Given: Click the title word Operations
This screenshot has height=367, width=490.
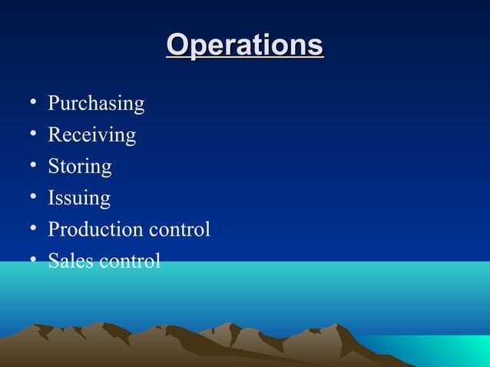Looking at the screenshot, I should (x=245, y=45).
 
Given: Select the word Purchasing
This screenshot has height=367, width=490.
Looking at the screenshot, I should (x=96, y=104).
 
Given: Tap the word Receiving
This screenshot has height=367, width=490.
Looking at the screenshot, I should (x=91, y=136).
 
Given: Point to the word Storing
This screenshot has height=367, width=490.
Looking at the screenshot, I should (x=80, y=167).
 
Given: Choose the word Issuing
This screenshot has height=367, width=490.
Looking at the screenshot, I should (x=79, y=199).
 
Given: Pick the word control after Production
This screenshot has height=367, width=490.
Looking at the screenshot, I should (x=178, y=230).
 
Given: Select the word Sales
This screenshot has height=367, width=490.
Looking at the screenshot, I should (x=69, y=261).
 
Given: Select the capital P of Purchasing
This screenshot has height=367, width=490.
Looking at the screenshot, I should (x=54, y=104).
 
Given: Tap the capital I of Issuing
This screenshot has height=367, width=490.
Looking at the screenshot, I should (x=51, y=198).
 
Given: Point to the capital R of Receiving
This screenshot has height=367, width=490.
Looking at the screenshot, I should (x=55, y=135).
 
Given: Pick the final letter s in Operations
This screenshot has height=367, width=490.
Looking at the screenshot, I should (x=315, y=47).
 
